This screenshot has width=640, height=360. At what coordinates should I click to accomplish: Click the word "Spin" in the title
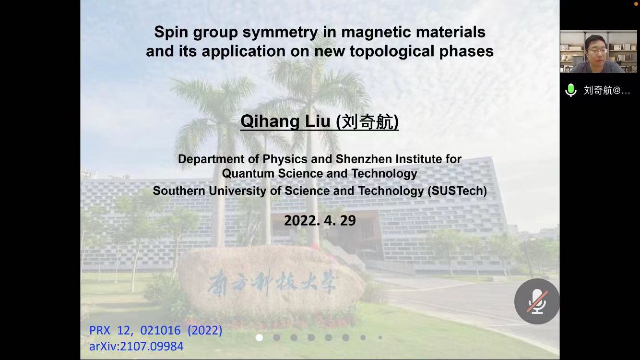(171, 32)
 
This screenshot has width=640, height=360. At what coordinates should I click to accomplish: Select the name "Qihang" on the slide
(270, 121)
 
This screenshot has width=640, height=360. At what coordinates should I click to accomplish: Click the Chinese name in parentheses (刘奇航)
(367, 122)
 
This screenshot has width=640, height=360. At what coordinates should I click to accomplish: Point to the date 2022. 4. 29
(320, 220)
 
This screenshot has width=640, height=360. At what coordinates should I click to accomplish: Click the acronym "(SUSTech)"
(457, 191)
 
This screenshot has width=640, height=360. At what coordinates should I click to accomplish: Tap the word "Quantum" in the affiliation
(248, 174)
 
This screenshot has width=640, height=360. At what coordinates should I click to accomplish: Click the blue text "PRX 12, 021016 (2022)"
(156, 331)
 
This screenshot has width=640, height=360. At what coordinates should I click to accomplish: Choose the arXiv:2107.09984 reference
(136, 347)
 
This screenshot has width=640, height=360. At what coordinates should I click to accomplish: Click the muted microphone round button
(537, 301)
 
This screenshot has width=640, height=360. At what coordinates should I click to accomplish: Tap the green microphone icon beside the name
(571, 90)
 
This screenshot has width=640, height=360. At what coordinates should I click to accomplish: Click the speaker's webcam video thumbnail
(599, 51)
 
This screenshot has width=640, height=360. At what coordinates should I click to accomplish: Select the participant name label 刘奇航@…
(607, 90)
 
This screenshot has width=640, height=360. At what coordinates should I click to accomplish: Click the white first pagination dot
(259, 338)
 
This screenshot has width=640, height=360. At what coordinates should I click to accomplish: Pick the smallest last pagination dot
(380, 337)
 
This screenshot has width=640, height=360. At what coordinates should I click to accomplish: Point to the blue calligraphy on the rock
(272, 282)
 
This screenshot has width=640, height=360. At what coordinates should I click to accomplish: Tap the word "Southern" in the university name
(179, 191)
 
